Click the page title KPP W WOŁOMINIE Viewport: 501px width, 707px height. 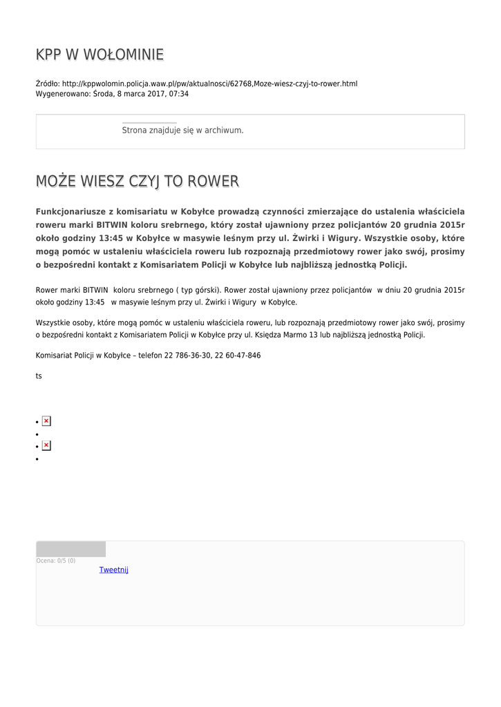point(100,55)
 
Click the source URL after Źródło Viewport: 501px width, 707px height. point(209,84)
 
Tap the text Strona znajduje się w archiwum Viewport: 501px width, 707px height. point(182,130)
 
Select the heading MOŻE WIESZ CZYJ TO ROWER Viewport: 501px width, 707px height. point(137,182)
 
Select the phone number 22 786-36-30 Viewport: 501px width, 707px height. point(187,356)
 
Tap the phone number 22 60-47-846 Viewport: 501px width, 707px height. point(239,356)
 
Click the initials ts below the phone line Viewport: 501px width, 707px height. point(39,376)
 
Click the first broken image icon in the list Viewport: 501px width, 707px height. point(46,421)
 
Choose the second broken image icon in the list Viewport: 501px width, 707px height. point(46,446)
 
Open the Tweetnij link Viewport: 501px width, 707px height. point(113,570)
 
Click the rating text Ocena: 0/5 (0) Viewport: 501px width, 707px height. point(56,561)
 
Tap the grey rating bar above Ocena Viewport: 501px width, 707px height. point(70,549)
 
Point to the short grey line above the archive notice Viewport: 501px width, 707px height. point(149,123)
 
